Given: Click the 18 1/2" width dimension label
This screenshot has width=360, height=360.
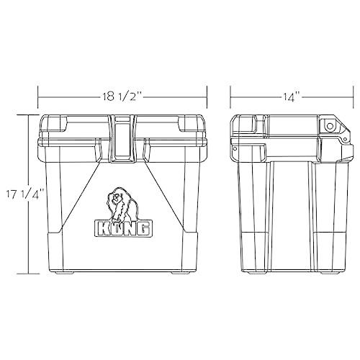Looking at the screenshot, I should (x=122, y=94).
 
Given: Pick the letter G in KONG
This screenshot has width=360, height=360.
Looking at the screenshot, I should (x=144, y=228).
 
